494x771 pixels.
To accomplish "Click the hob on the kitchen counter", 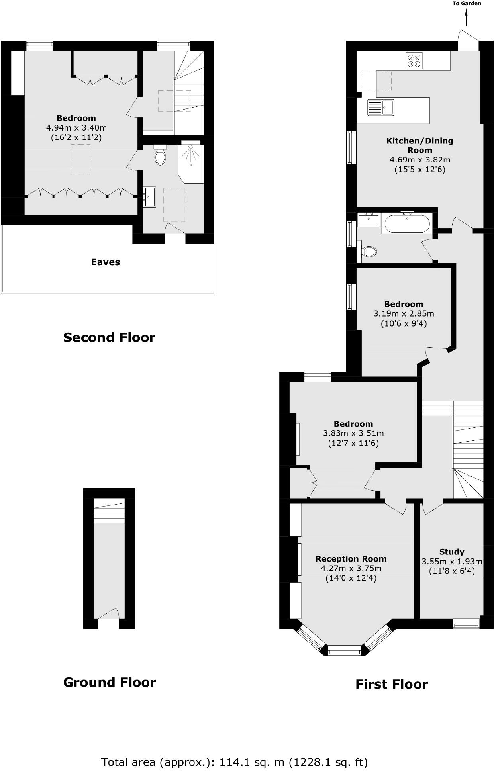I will (413, 60).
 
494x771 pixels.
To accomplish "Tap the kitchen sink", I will (381, 107).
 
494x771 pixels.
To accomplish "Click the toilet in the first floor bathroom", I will (369, 251).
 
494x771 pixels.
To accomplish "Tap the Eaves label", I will (105, 262).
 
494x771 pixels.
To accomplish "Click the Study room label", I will (451, 552).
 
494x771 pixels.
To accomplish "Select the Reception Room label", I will (351, 559).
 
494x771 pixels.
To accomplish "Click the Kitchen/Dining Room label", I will (420, 145).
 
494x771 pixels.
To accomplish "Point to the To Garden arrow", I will (466, 18).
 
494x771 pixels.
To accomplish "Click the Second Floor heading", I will (109, 337).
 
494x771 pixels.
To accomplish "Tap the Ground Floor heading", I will (110, 682).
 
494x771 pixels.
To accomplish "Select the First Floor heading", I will (391, 684).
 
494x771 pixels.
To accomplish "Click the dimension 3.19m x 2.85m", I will (404, 313).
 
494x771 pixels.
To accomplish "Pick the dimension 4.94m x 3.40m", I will (76, 128).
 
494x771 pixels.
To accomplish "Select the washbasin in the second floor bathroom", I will (150, 197).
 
